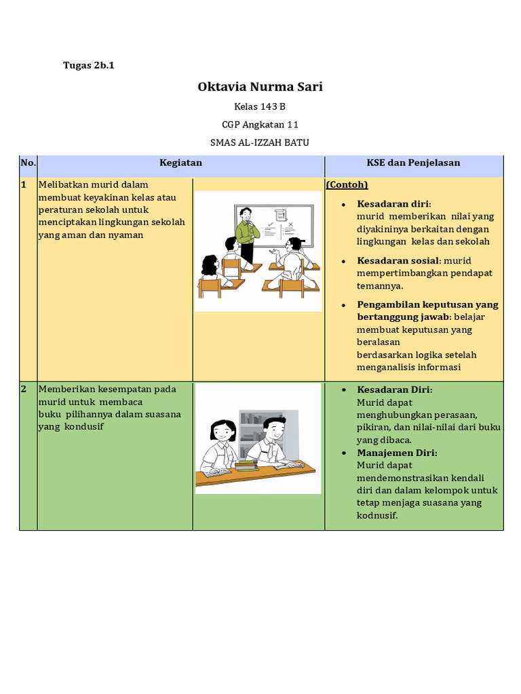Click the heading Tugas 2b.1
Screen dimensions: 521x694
(88, 66)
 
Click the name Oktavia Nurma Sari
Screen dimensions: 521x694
(260, 87)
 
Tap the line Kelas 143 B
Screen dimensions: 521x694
(260, 106)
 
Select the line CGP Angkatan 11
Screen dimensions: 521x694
(260, 125)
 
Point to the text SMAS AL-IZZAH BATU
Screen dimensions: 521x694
(260, 142)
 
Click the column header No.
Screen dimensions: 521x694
(28, 163)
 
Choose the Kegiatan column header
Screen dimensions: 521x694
(180, 163)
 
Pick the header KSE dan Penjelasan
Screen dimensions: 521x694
(413, 163)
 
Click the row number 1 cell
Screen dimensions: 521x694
(24, 184)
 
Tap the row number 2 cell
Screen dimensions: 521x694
(24, 389)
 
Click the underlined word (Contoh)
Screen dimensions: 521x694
(347, 184)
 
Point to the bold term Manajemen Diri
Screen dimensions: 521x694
(397, 453)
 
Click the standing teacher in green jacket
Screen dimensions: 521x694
(247, 234)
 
